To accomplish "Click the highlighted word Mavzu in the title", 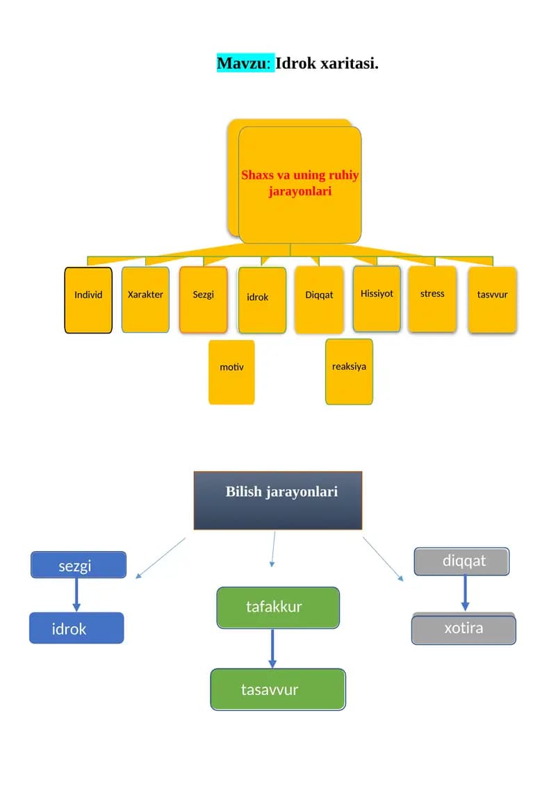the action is click(243, 63).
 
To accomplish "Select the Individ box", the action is click(88, 300).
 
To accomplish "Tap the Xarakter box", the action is click(145, 300).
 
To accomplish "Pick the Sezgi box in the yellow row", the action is click(204, 300).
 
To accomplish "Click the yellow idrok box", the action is click(262, 300).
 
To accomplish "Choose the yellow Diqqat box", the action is click(320, 300).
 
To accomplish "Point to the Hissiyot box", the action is click(377, 299).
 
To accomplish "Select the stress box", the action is click(432, 299).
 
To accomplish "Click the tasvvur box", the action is click(492, 300).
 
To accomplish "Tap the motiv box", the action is click(231, 372).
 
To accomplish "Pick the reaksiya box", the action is click(349, 372).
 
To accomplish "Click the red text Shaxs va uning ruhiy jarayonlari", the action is click(300, 183).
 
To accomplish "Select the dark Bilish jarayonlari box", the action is click(278, 500).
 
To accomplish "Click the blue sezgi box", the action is click(79, 565).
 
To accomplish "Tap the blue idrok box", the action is click(76, 628).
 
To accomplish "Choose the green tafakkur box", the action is click(278, 607).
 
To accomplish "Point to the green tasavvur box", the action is click(278, 689).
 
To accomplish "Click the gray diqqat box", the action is click(461, 562).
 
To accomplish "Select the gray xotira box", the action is click(464, 629).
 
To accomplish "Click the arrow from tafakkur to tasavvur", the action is click(272, 648).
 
